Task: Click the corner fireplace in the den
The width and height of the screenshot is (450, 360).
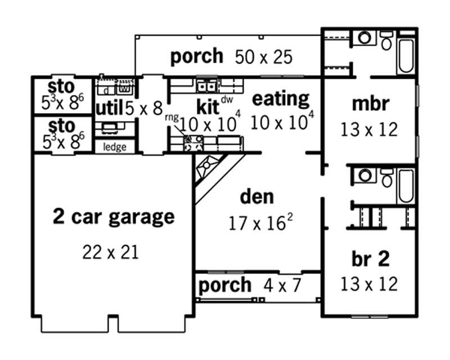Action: coord(209,169)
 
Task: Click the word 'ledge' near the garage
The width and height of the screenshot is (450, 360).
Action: coord(115,147)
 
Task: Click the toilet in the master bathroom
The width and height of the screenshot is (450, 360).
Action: coord(386,43)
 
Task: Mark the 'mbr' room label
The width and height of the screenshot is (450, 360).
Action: coord(368,105)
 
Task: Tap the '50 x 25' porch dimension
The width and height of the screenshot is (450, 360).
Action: coord(268,57)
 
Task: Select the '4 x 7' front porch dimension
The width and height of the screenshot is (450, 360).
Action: coord(282,286)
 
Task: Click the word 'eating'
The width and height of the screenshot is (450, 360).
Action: coord(280,99)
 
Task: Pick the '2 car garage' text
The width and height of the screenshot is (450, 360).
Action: coord(114,216)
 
